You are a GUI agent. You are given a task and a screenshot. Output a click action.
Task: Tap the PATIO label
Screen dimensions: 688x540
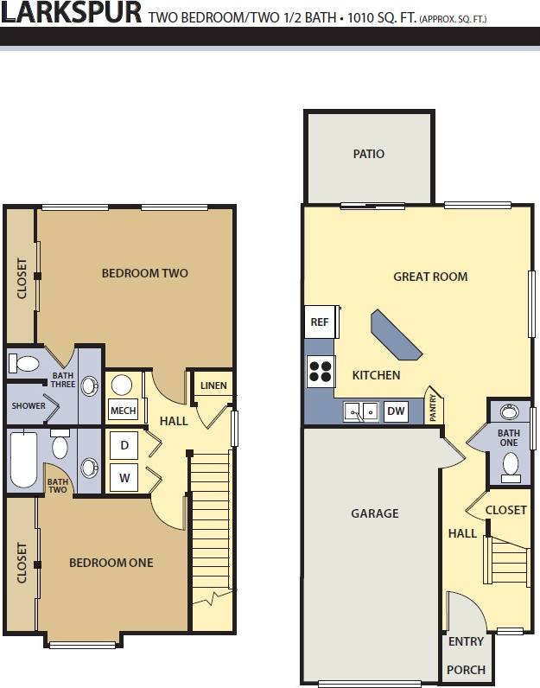pyautogui.click(x=368, y=154)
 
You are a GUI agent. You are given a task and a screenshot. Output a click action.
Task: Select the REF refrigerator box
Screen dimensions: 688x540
pyautogui.click(x=320, y=322)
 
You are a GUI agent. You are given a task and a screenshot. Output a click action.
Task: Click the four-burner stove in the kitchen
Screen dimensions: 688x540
pyautogui.click(x=320, y=369)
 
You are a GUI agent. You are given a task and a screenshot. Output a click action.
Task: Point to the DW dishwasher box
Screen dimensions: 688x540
pyautogui.click(x=396, y=411)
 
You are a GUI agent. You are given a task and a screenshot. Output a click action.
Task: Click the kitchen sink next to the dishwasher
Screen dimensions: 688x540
pyautogui.click(x=360, y=411)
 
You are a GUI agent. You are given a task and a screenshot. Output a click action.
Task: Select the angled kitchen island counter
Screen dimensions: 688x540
pyautogui.click(x=396, y=334)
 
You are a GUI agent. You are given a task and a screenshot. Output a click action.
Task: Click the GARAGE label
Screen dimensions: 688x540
pyautogui.click(x=375, y=513)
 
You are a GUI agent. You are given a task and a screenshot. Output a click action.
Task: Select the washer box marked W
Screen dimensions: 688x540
pyautogui.click(x=124, y=475)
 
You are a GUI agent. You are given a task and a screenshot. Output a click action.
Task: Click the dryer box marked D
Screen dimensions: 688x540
pyautogui.click(x=124, y=445)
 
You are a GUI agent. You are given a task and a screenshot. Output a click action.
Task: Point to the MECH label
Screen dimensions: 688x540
pyautogui.click(x=123, y=411)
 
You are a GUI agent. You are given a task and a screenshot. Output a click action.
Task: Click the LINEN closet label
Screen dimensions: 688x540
pyautogui.click(x=213, y=385)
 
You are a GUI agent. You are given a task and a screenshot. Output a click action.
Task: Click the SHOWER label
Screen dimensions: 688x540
pyautogui.click(x=29, y=405)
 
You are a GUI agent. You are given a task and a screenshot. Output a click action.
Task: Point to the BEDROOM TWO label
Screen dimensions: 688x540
pyautogui.click(x=144, y=273)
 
